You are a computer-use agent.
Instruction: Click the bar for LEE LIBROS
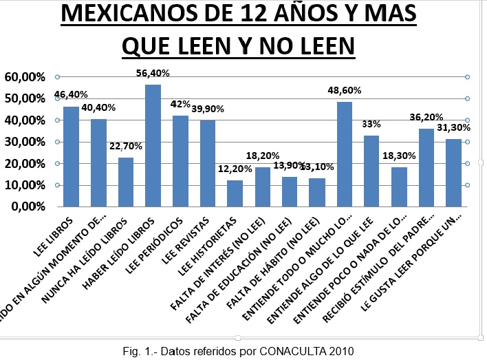click(x=71, y=156)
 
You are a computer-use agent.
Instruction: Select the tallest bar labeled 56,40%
click(x=153, y=145)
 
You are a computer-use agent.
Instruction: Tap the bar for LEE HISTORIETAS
click(x=235, y=193)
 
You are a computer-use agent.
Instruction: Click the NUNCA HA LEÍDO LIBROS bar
click(x=125, y=182)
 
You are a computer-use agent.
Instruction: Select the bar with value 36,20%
click(x=426, y=167)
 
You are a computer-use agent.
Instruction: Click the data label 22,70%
click(x=126, y=147)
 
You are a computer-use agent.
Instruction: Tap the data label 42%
click(x=180, y=104)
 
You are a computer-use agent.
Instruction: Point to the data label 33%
click(x=371, y=124)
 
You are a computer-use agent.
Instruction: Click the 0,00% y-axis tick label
click(x=26, y=207)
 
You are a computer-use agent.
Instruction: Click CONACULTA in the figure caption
click(x=293, y=351)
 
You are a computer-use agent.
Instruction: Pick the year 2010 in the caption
click(x=341, y=351)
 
